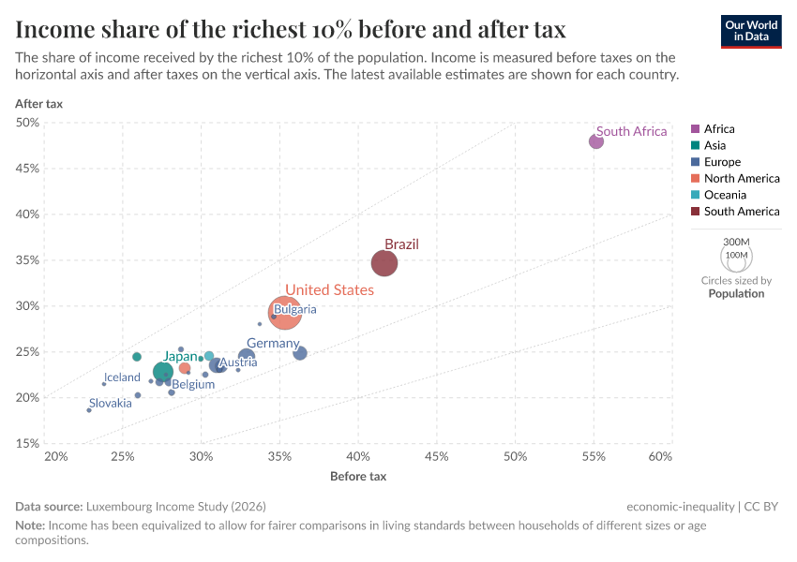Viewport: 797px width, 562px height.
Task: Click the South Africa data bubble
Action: [596, 141]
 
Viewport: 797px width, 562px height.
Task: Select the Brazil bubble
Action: [384, 263]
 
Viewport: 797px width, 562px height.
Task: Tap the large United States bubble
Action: [285, 312]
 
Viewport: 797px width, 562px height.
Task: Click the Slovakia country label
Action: [111, 403]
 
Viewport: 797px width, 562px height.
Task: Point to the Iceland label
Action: [122, 377]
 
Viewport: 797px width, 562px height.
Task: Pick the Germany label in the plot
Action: [273, 344]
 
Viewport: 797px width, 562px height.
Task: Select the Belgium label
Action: [193, 384]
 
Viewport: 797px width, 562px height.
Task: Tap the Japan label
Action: [181, 356]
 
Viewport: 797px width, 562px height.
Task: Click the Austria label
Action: [238, 362]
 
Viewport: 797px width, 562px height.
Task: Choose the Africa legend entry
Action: [719, 128]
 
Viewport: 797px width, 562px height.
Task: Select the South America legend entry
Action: [742, 212]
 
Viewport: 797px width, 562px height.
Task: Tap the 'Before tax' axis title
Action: [358, 477]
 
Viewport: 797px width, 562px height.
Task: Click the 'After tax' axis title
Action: [38, 104]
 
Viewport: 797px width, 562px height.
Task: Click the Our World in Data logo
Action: [751, 31]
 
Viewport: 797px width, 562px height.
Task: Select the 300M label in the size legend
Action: [737, 242]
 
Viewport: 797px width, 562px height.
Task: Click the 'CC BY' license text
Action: [763, 507]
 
